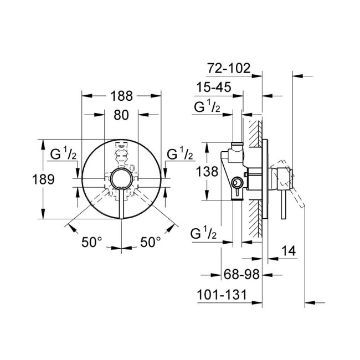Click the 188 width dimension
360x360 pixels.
click(121, 96)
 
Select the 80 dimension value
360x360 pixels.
click(121, 116)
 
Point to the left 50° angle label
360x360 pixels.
click(92, 242)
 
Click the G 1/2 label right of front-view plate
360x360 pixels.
click(180, 155)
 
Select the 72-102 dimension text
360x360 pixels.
click(229, 69)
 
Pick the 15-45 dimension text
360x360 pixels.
click(213, 88)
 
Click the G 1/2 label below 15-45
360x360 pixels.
click(207, 107)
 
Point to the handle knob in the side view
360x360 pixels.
click(283, 178)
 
